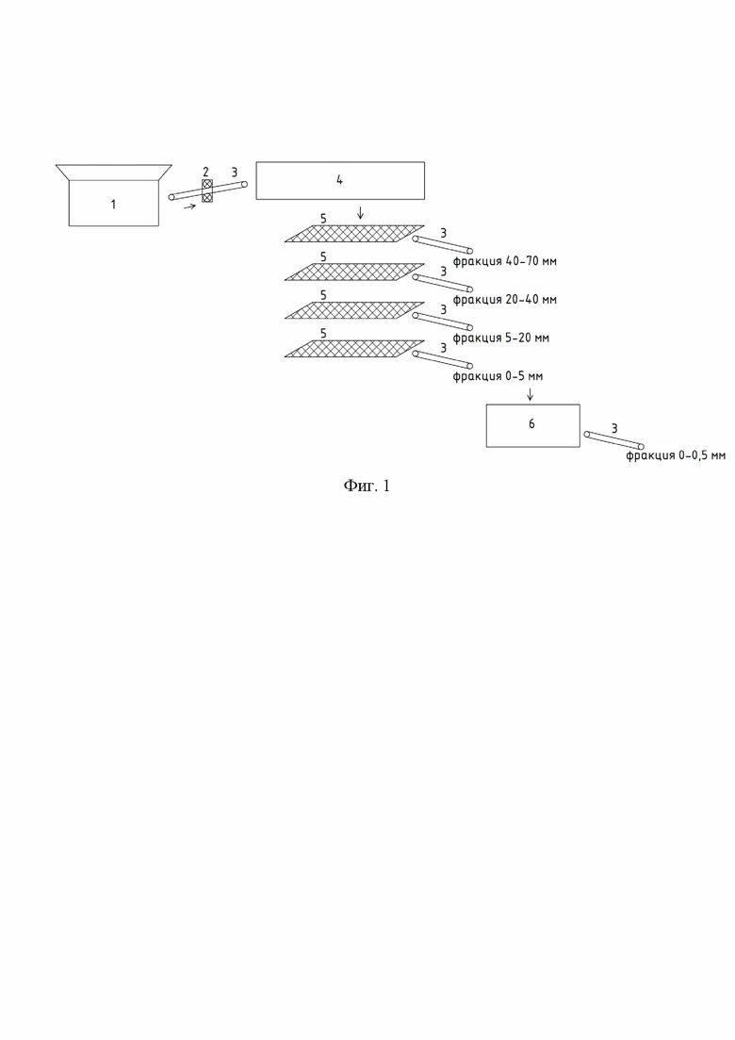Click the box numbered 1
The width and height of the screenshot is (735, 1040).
point(113,203)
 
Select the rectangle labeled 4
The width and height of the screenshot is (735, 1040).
point(340,180)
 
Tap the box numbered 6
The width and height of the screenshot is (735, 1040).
point(532,425)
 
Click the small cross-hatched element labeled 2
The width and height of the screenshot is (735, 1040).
point(206,190)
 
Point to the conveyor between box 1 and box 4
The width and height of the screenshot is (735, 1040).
point(208,190)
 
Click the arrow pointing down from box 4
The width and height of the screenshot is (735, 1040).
point(360,212)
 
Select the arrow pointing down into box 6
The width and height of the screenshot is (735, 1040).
point(530,394)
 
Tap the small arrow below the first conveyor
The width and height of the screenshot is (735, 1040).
point(189,206)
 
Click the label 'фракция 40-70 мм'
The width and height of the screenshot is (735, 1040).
point(504,261)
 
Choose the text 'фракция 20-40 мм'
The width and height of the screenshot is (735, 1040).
point(504,300)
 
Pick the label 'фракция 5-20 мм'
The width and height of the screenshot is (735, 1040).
point(501,338)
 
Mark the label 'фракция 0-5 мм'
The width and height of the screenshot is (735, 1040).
point(498,376)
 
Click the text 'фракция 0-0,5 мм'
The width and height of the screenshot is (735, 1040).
point(676,455)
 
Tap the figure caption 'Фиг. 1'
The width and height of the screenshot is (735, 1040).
point(367,486)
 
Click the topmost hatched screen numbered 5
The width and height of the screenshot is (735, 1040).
point(354,234)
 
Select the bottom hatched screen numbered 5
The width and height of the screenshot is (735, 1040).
point(354,349)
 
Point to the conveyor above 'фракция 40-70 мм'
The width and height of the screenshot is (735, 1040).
point(443,245)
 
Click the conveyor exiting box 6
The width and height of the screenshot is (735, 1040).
point(613,440)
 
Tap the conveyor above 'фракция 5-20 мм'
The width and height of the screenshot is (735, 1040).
point(443,322)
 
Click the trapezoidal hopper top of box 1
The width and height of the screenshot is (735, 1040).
point(113,172)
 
